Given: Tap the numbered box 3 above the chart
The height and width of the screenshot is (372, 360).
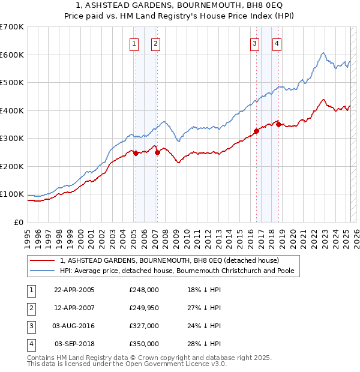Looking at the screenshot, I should click(x=255, y=43).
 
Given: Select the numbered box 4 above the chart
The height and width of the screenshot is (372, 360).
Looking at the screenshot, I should click(x=277, y=43).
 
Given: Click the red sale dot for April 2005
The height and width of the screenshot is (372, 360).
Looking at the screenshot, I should click(x=136, y=153).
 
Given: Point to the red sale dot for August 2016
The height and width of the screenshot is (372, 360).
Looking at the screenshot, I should click(x=256, y=131).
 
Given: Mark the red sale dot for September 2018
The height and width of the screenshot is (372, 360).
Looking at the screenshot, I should click(x=278, y=124).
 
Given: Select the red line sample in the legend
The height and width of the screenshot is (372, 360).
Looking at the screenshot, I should click(x=43, y=261).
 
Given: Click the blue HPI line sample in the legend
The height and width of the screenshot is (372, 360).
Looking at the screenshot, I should click(x=43, y=271).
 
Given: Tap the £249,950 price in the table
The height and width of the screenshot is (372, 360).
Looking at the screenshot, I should click(x=143, y=308).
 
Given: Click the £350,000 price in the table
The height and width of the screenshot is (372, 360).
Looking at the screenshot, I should click(x=143, y=344).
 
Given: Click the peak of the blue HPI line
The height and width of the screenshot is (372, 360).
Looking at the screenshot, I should click(x=323, y=53).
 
